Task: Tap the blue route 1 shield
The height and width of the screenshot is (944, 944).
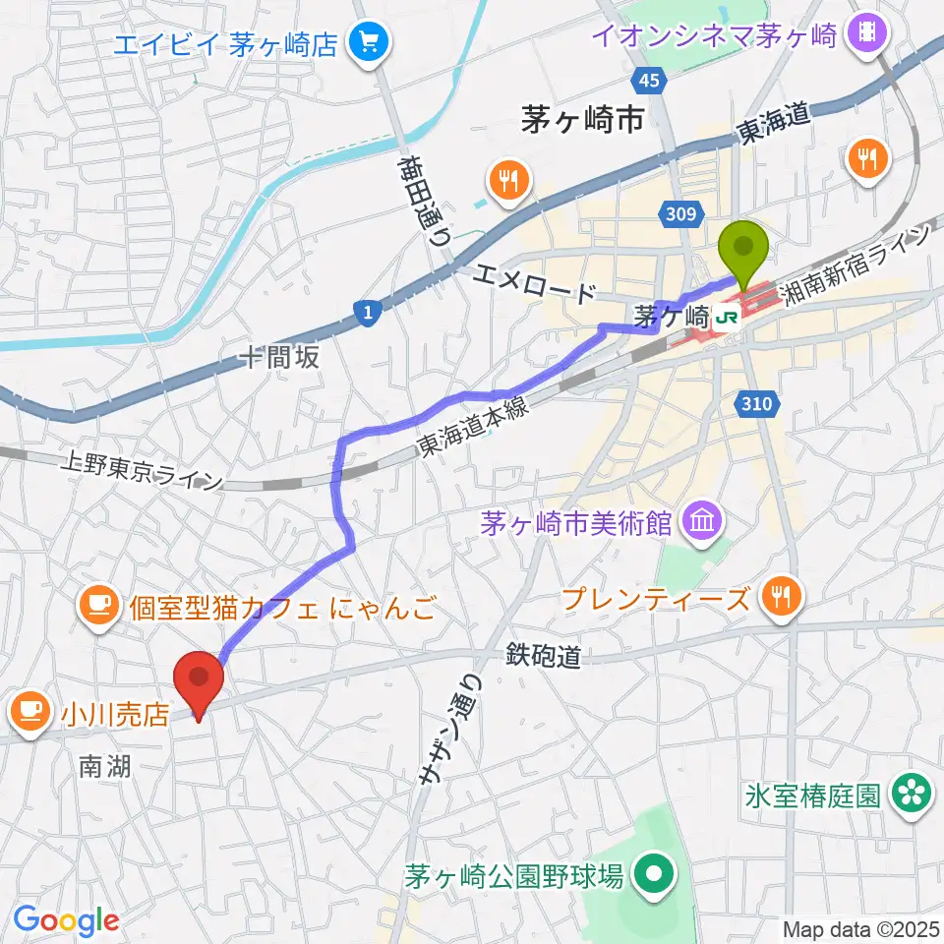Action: [367, 313]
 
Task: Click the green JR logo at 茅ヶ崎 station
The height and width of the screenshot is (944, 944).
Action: [728, 318]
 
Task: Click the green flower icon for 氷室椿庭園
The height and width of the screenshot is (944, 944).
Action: [910, 796]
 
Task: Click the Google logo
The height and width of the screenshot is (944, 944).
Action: [65, 919]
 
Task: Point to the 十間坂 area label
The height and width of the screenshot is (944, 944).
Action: [284, 357]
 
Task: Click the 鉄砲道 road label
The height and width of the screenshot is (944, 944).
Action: [545, 655]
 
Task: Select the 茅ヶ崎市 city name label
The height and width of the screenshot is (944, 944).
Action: [582, 121]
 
